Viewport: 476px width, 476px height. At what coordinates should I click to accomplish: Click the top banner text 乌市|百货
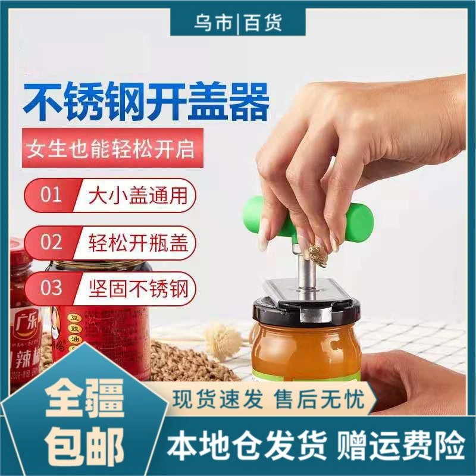(238, 22)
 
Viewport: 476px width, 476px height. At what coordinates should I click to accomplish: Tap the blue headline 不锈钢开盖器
(146, 101)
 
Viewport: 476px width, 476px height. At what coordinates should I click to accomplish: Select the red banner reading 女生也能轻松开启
(112, 148)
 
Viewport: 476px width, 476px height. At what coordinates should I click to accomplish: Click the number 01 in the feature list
(51, 195)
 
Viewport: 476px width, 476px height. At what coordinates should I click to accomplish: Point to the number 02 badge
(51, 242)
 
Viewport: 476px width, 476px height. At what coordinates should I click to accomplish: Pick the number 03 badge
(51, 288)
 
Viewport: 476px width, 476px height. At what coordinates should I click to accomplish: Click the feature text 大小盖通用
(138, 195)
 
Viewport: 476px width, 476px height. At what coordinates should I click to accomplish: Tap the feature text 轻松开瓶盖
(138, 242)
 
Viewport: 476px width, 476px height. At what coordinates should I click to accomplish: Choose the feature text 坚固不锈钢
(139, 289)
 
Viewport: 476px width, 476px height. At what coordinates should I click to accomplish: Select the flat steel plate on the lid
(306, 290)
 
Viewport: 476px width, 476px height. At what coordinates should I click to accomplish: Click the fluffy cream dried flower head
(224, 336)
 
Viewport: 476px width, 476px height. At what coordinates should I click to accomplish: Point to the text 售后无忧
(319, 399)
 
